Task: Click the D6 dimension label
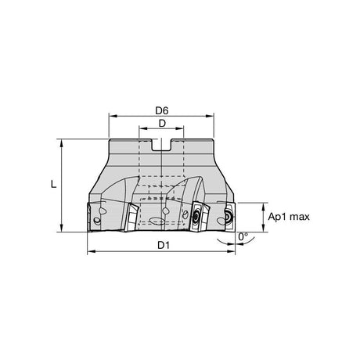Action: [162, 111]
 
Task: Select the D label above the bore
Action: [162, 124]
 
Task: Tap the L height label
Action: [53, 185]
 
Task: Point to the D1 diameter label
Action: [164, 245]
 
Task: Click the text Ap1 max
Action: [289, 217]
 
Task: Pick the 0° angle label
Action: [243, 236]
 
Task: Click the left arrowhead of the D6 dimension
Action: [113, 116]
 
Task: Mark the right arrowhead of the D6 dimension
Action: [210, 116]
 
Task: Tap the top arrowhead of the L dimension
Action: [62, 143]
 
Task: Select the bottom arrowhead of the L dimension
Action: [62, 228]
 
